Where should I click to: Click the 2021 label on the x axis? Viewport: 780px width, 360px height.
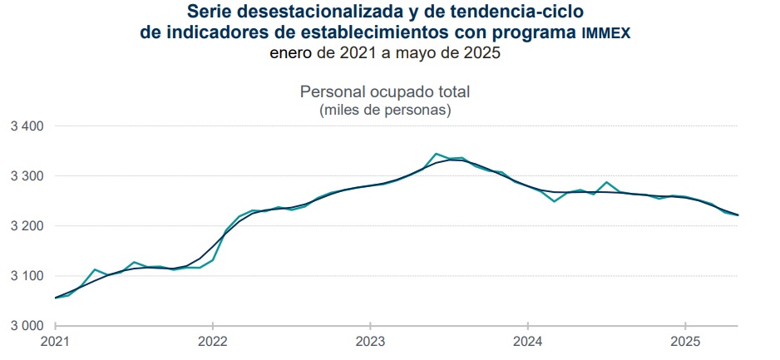(x=56, y=341)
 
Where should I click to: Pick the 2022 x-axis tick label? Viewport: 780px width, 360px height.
(x=213, y=341)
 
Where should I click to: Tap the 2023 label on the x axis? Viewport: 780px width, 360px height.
(x=370, y=341)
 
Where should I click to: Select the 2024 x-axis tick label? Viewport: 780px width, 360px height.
(x=527, y=341)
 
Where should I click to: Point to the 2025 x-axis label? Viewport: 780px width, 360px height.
(x=684, y=341)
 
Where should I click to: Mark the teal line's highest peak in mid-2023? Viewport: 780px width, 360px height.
(x=436, y=154)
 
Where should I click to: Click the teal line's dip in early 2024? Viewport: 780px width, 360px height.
(x=554, y=201)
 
